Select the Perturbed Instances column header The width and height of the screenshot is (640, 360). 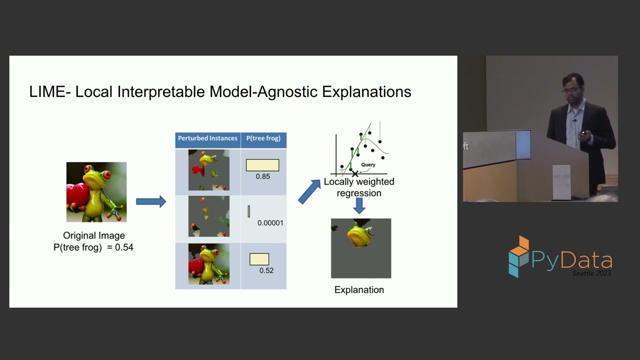click(x=207, y=138)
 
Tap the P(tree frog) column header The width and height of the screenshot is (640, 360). click(x=263, y=138)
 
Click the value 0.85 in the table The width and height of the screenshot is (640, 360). click(x=262, y=176)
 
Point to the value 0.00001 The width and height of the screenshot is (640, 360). click(x=270, y=223)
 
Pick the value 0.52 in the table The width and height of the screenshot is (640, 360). click(x=266, y=270)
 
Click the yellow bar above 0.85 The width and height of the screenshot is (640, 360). click(x=262, y=165)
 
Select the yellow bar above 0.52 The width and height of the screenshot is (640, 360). click(x=259, y=259)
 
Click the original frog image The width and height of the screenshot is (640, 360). click(x=96, y=192)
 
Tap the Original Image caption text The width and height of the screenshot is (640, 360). click(x=94, y=235)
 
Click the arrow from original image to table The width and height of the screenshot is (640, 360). click(x=151, y=201)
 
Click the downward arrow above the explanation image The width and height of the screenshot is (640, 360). click(x=359, y=206)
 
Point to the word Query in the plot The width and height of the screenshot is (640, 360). click(x=368, y=164)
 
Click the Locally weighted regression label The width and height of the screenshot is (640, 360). click(x=359, y=187)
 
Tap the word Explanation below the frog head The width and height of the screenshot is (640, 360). click(x=359, y=290)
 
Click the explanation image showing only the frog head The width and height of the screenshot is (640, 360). click(x=361, y=248)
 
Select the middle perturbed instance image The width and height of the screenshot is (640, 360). click(x=208, y=216)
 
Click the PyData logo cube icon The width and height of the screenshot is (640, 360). click(x=518, y=256)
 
